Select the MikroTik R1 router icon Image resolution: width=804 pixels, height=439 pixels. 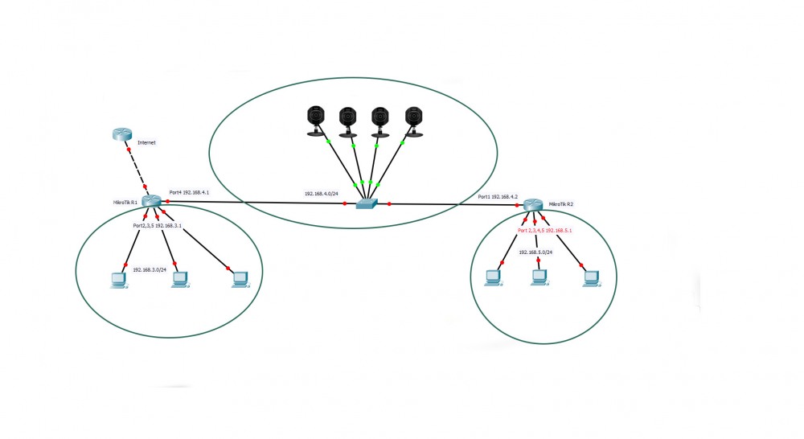(x=150, y=201)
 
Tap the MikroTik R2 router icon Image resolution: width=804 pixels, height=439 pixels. (x=532, y=205)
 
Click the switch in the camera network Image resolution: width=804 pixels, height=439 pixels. (x=367, y=205)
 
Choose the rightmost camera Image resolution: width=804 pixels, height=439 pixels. (x=413, y=121)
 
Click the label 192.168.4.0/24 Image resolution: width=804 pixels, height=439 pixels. (x=320, y=194)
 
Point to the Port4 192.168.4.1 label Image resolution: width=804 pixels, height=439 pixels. (x=189, y=193)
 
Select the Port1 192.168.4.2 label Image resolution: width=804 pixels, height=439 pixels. (x=498, y=197)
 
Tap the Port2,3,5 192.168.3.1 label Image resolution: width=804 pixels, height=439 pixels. (x=158, y=227)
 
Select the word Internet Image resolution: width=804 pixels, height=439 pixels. (x=147, y=142)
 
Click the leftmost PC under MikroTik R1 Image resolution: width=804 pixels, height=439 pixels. (x=118, y=280)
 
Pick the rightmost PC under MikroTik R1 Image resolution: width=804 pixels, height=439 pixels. (x=239, y=279)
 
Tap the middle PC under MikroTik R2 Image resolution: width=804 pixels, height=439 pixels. (x=539, y=278)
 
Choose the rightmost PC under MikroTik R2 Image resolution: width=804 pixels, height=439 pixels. (x=592, y=277)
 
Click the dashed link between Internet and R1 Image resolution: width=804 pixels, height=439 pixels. (x=136, y=169)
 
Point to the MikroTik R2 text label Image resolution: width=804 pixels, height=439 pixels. (x=560, y=205)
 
